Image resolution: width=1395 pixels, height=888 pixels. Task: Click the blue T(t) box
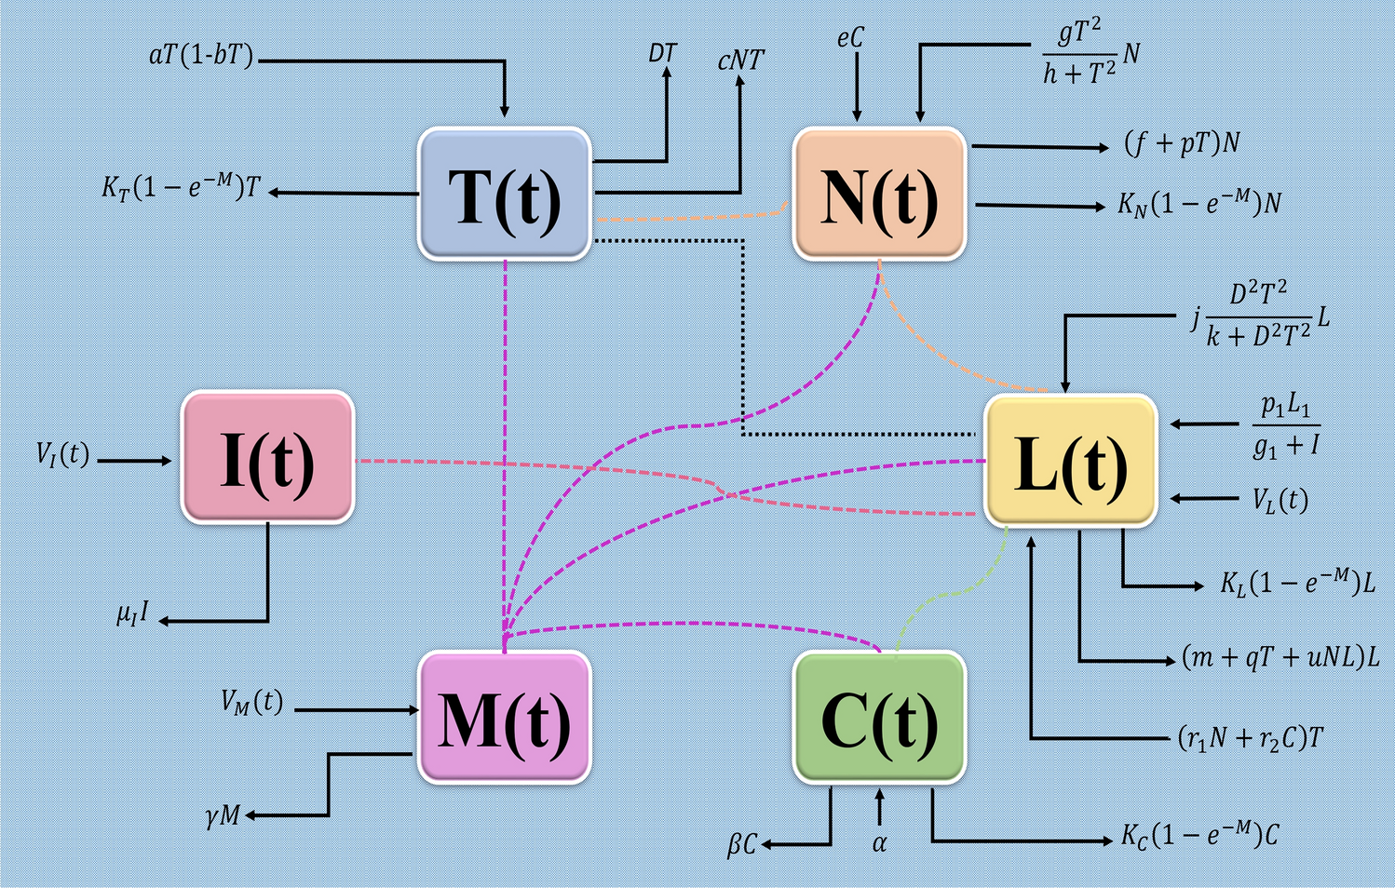click(504, 194)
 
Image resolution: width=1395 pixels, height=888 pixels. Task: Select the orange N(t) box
click(879, 194)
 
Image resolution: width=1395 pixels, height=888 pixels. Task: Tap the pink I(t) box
click(267, 457)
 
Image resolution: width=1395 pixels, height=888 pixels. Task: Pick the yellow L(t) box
click(1071, 461)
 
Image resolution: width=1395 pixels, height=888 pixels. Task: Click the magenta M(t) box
click(504, 717)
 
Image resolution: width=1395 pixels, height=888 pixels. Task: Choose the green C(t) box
click(879, 717)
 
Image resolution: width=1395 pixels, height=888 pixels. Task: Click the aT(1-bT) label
click(200, 56)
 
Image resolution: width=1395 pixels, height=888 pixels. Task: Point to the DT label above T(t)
click(662, 53)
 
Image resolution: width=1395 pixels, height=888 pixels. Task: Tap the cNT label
click(740, 61)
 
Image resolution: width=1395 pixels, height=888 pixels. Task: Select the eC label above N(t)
click(849, 38)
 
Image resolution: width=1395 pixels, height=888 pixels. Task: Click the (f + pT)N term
click(1182, 143)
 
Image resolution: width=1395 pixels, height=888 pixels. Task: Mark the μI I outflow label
click(132, 615)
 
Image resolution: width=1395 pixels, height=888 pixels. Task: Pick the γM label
click(223, 816)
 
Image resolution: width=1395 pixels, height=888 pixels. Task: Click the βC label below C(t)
click(741, 845)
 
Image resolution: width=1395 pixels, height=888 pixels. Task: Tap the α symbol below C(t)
click(879, 843)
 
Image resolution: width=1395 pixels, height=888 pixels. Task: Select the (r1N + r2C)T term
click(1251, 738)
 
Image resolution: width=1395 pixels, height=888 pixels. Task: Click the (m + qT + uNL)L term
click(1280, 657)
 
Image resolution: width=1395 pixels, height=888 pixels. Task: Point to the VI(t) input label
click(62, 454)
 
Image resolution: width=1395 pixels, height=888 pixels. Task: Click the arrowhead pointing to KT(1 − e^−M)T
click(277, 192)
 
